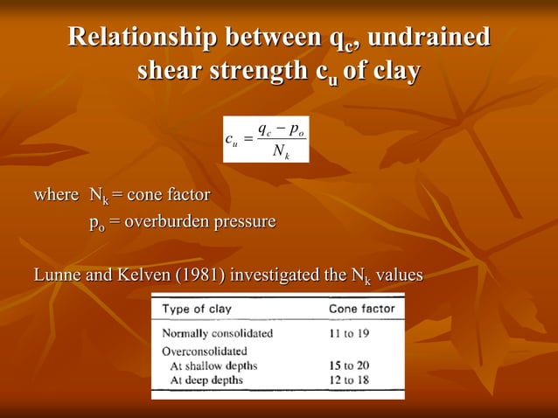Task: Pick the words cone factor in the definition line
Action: [169, 194]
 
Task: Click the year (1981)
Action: [198, 276]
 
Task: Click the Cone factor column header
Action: [361, 309]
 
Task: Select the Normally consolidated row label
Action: [218, 332]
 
